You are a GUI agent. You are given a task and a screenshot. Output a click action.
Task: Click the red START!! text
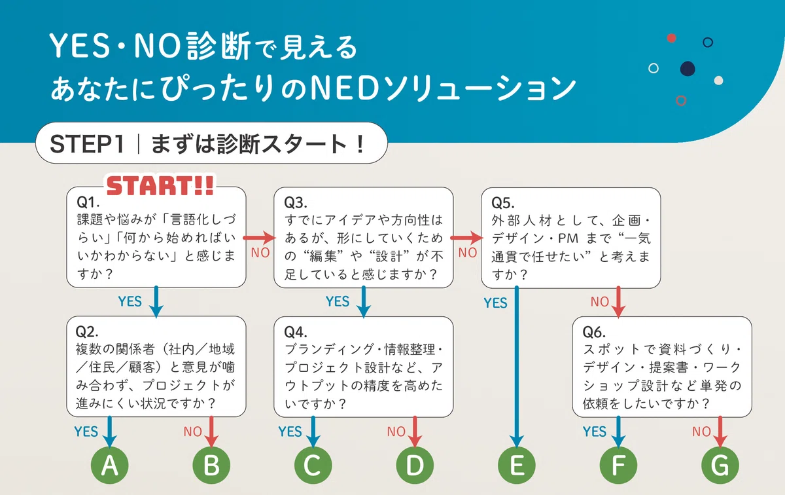coord(160,185)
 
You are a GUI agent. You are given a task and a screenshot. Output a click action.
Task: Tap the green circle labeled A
coord(110,465)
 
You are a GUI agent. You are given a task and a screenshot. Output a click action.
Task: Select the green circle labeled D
coord(415,465)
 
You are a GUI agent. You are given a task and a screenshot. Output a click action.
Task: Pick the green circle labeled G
coord(720,465)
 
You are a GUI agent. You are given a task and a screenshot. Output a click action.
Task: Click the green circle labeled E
coord(517,465)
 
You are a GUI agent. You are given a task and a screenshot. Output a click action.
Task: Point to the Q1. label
coord(88,202)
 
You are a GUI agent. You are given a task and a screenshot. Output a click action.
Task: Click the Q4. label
coord(296,332)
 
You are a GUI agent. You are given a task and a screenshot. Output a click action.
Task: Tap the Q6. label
coord(594,332)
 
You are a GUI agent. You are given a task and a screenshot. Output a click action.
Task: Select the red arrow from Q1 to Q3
coord(259,238)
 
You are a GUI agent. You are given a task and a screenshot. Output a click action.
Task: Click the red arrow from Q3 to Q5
coord(467,238)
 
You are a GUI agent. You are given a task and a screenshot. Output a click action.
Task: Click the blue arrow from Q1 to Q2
coord(156,302)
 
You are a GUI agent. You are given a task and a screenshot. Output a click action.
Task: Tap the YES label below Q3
coord(338,301)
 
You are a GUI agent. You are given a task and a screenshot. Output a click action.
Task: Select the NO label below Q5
coord(600,302)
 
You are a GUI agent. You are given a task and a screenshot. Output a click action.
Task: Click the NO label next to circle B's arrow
coord(193,431)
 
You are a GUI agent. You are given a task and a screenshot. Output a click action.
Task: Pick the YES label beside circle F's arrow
coord(595,431)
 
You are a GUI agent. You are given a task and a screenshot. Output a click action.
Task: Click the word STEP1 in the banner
coord(87,144)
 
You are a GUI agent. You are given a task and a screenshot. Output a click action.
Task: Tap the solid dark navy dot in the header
coord(688,68)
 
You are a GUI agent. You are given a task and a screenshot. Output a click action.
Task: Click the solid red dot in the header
coord(671,38)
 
